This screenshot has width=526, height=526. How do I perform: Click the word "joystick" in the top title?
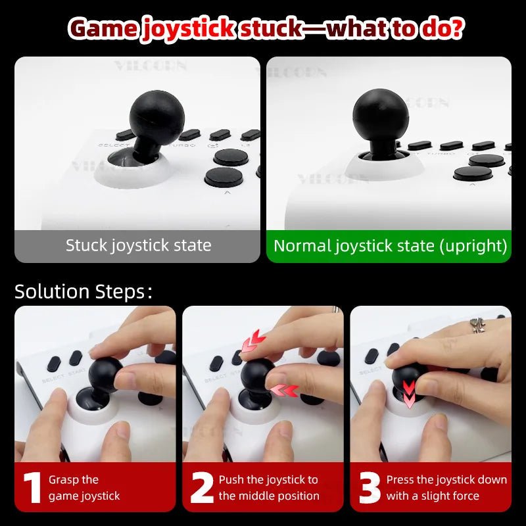click(188, 29)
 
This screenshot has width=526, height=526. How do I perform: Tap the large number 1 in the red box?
click(32, 487)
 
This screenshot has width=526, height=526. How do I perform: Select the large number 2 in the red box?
click(202, 487)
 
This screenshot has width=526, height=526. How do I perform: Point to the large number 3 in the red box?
click(370, 487)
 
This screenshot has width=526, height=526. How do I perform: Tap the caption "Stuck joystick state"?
click(138, 246)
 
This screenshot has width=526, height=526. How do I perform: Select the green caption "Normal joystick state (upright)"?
click(390, 246)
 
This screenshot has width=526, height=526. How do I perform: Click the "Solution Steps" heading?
click(82, 292)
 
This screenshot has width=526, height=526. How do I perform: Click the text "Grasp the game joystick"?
click(84, 487)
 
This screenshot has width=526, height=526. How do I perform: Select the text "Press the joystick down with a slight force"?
click(446, 487)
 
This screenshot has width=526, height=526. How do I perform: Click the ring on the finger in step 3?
click(477, 325)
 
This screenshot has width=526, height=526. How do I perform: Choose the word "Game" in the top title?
click(103, 29)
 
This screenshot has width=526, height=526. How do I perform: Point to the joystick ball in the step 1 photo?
click(105, 372)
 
